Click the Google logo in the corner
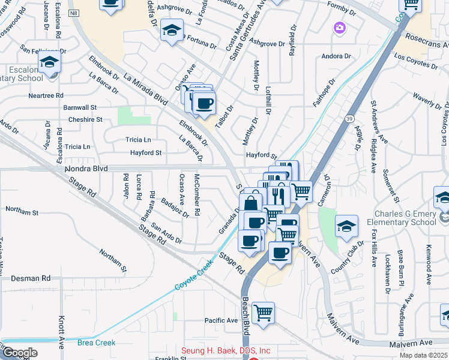19,353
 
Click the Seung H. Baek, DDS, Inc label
226,351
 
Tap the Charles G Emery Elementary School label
405,218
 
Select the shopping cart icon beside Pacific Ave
263,313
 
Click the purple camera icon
340,28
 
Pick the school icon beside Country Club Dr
346,226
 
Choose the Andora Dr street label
336,56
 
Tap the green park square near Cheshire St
125,115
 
